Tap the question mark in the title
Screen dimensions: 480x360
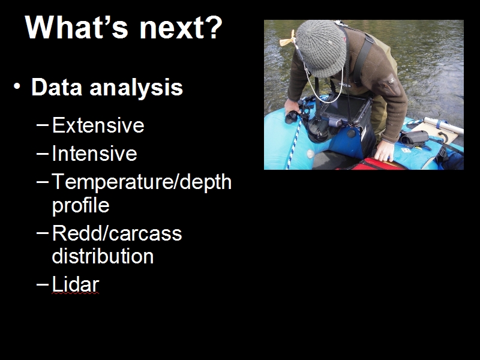212,27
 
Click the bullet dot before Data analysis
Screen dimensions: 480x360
17,86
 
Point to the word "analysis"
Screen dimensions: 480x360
136,88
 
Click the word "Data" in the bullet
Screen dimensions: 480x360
56,87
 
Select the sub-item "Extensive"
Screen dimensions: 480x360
98,125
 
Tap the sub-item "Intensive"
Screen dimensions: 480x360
94,153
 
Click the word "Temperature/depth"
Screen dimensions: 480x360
142,183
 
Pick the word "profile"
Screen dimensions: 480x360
81,206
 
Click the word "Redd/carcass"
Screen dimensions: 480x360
117,233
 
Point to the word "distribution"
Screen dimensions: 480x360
103,256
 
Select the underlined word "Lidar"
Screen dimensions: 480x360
76,284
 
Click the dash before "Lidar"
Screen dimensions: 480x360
43,284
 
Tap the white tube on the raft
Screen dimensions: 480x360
443,125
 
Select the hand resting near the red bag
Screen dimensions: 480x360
384,151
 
